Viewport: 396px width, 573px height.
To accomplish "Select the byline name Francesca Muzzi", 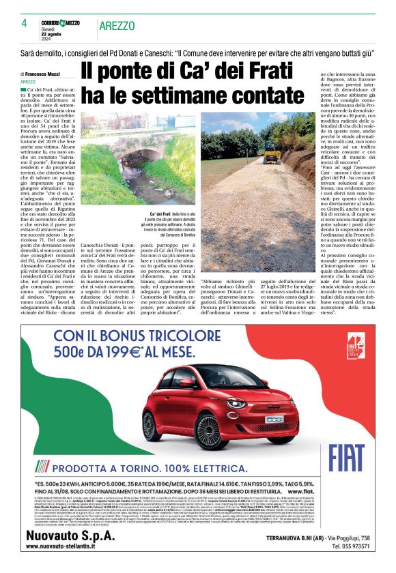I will (46, 74).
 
